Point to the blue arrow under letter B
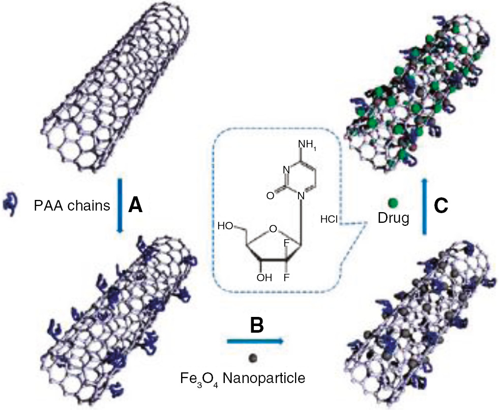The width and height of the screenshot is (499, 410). click(x=254, y=341)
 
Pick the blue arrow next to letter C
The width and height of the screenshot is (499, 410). click(x=424, y=206)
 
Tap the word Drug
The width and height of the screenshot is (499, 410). click(x=394, y=219)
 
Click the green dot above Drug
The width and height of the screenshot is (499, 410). click(x=393, y=202)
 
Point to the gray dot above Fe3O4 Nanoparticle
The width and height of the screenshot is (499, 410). click(x=253, y=358)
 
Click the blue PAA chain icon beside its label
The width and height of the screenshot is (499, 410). click(x=11, y=203)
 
